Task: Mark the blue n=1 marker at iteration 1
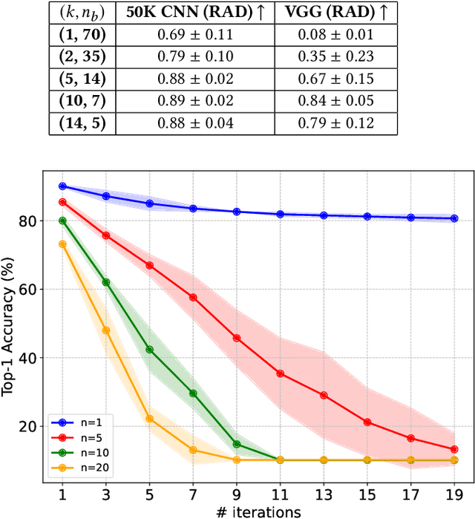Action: point(62,186)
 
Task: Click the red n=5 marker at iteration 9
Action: point(237,338)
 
